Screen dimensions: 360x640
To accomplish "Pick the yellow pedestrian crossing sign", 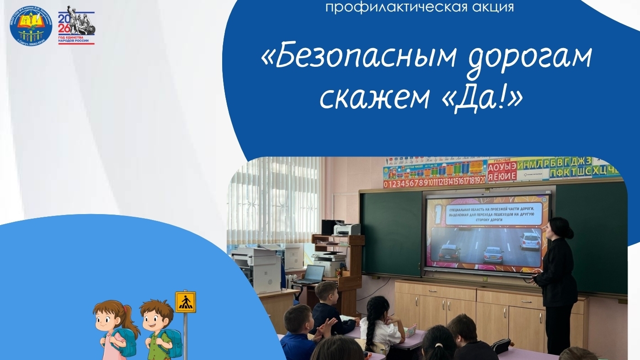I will pos(185,302).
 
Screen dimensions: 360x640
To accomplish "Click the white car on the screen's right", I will pos(530,241).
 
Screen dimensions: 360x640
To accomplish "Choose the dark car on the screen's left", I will pos(449,253).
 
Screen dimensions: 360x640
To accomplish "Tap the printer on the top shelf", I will pos(346,229).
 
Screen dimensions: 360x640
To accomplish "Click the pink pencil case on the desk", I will pos(410,330).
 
